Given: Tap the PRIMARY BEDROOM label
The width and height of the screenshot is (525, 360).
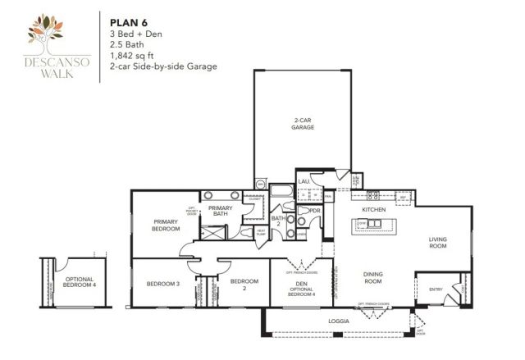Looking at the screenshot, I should pyautogui.click(x=166, y=226).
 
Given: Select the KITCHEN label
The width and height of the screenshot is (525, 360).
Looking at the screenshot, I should pyautogui.click(x=374, y=210).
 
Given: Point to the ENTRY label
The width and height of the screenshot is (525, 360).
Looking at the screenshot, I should pyautogui.click(x=435, y=288).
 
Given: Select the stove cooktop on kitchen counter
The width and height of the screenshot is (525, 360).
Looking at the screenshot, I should pyautogui.click(x=374, y=196).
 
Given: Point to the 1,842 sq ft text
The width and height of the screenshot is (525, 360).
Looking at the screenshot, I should pyautogui.click(x=130, y=55).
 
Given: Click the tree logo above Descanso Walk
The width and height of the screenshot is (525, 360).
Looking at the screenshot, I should pyautogui.click(x=51, y=30).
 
